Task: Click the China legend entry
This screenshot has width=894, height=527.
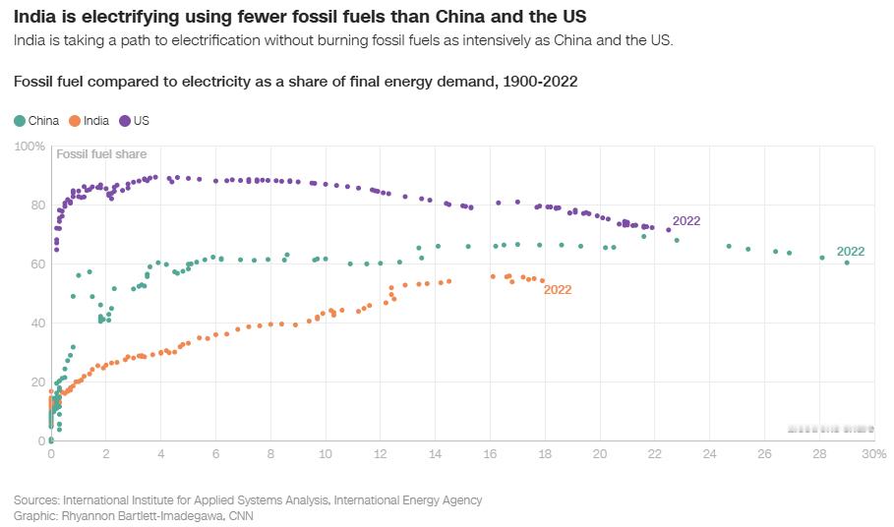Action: [x=37, y=121]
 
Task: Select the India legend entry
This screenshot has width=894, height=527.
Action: [x=89, y=121]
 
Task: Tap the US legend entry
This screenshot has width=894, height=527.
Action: [x=135, y=121]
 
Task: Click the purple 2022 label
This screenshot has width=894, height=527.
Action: [x=686, y=221]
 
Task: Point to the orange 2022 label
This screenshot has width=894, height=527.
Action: [x=558, y=290]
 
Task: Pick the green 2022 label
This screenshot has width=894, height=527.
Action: [x=851, y=252]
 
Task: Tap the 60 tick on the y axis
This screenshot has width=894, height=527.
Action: [x=37, y=264]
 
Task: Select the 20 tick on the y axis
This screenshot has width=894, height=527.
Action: [x=37, y=382]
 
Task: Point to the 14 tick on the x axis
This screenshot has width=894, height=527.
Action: [x=435, y=454]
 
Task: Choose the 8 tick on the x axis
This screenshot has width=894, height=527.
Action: [x=270, y=454]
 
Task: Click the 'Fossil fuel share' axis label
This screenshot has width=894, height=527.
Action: [x=102, y=154]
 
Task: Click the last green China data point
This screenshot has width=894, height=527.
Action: [x=847, y=263]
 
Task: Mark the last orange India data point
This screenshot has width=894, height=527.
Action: [x=542, y=280]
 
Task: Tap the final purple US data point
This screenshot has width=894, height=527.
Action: [x=669, y=230]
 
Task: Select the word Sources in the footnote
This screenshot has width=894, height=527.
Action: [x=35, y=500]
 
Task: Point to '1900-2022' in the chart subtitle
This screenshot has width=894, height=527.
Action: [x=539, y=82]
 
